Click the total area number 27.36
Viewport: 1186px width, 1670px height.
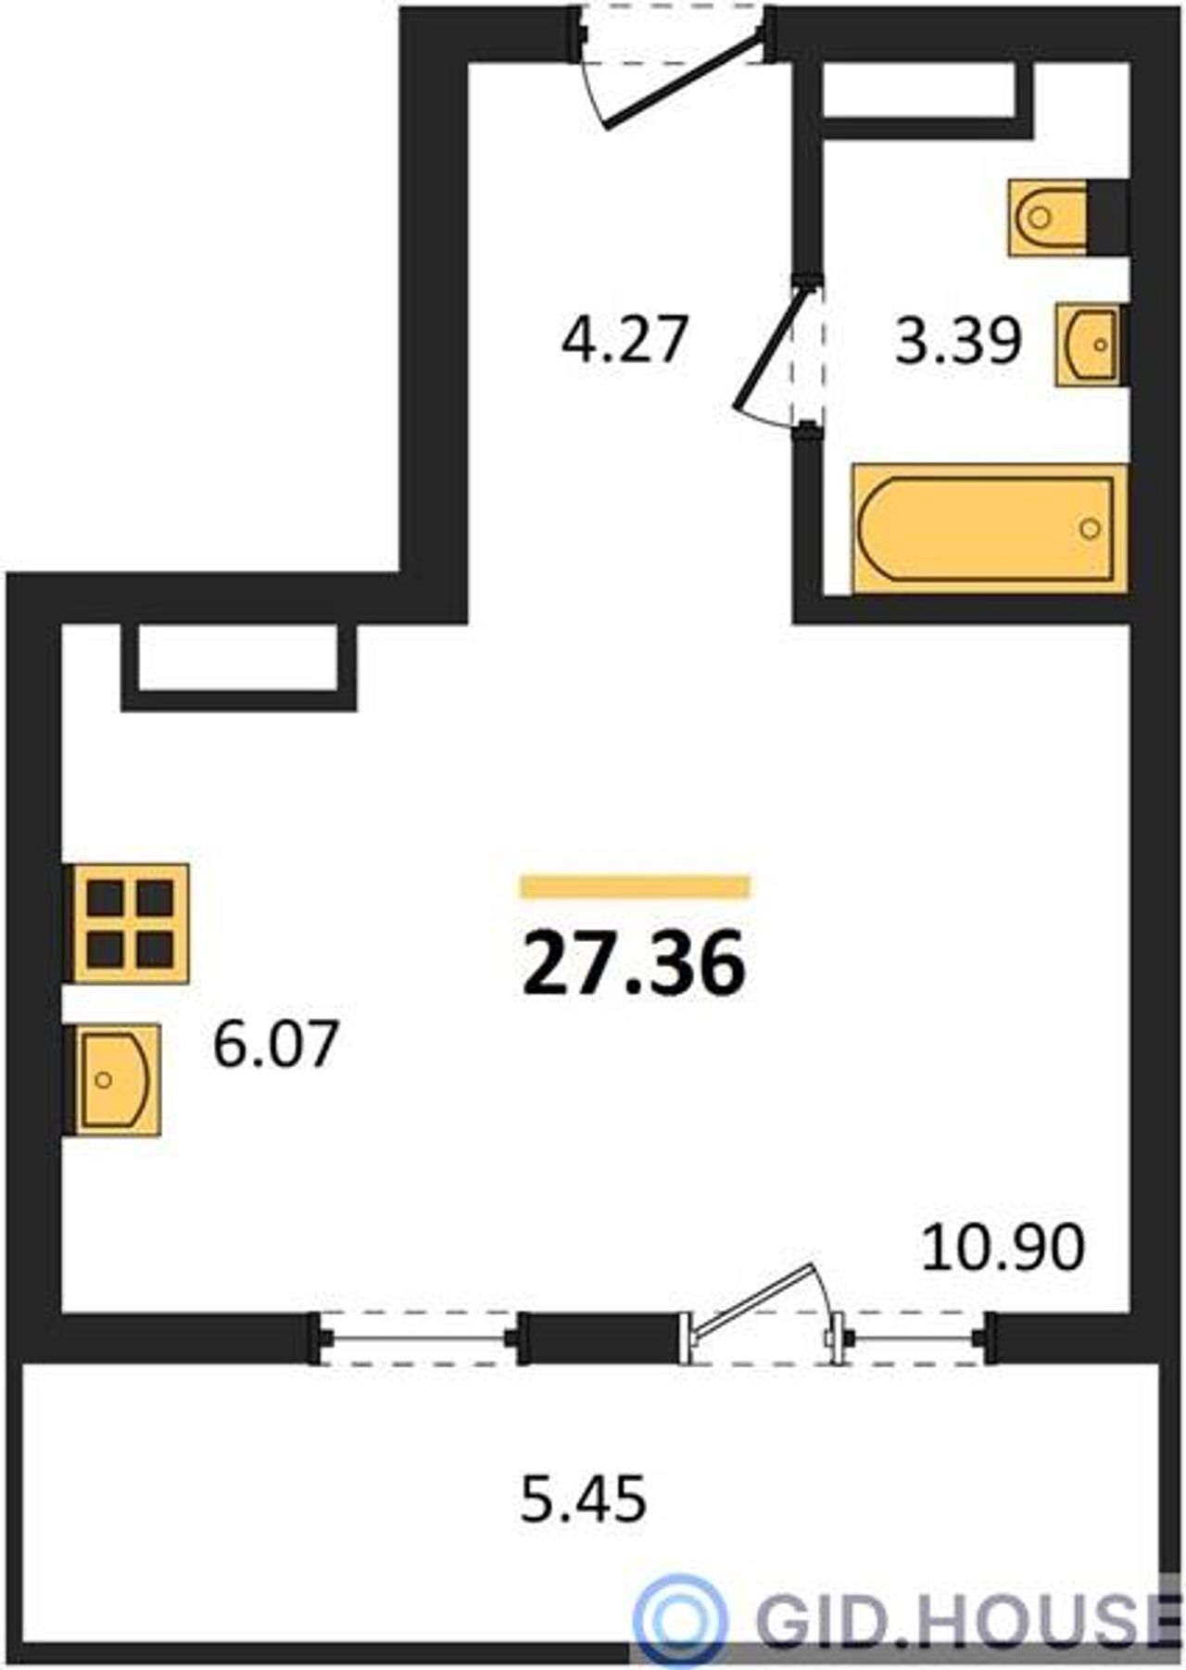[x=635, y=963]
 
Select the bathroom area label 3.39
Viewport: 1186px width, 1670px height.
[x=958, y=340]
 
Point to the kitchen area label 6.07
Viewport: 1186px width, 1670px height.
[x=274, y=1044]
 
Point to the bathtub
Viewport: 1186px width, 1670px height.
[x=990, y=528]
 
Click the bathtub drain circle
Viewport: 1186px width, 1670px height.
[x=1091, y=529]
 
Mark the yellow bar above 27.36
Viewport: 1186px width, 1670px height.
[x=635, y=886]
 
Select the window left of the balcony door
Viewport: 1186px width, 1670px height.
[x=419, y=1338]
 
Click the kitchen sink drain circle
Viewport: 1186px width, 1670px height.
[x=104, y=1079]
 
